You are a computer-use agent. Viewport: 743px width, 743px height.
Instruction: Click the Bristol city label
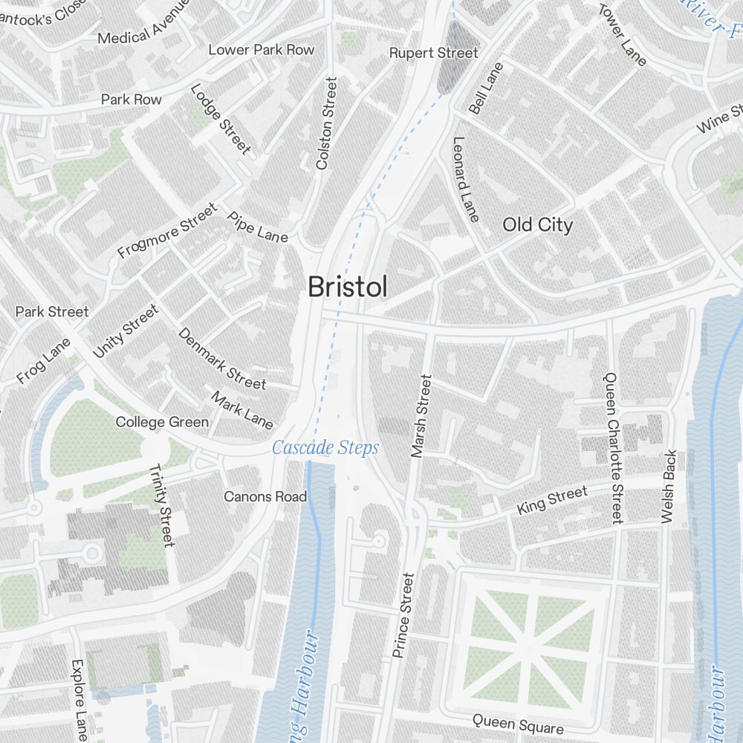(x=347, y=287)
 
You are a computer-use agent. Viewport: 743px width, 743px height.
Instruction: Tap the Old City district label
(x=537, y=224)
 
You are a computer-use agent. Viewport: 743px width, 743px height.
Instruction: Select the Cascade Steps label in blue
(x=325, y=448)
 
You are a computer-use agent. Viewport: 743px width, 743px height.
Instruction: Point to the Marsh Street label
(x=421, y=415)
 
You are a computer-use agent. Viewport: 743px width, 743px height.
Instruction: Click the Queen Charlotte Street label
(x=614, y=448)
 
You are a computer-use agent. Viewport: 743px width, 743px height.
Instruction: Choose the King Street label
(x=552, y=499)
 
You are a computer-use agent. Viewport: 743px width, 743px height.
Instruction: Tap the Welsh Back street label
(x=667, y=487)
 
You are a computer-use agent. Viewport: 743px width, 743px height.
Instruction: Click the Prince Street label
(x=402, y=615)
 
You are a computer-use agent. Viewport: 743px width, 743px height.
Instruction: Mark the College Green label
(x=162, y=422)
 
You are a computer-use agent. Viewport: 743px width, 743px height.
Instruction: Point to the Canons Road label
(x=265, y=496)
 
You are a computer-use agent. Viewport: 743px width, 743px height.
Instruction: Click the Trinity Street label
(x=162, y=505)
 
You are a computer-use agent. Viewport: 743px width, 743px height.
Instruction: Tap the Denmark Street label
(x=221, y=359)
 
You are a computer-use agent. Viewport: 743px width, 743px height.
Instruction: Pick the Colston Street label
(x=327, y=123)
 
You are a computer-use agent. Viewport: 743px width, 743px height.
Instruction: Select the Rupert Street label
(x=434, y=53)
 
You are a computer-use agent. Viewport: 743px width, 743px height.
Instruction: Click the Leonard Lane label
(x=465, y=179)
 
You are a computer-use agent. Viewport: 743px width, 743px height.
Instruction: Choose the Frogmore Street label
(x=168, y=231)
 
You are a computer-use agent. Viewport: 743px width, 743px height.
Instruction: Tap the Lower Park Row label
(x=261, y=50)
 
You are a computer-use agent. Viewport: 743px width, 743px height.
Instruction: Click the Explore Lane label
(x=80, y=699)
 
